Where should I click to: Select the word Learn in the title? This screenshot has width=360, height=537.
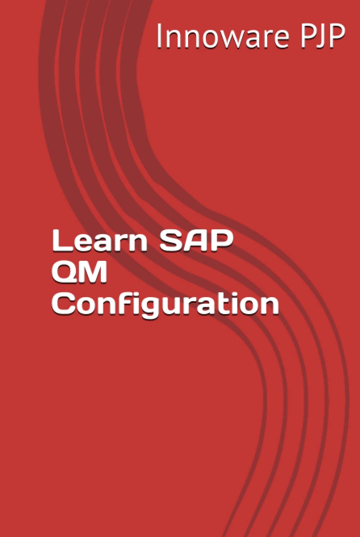(x=99, y=241)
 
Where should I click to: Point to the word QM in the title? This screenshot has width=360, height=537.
(x=80, y=272)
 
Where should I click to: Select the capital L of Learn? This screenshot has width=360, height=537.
(x=60, y=241)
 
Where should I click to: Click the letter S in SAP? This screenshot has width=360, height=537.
(x=171, y=241)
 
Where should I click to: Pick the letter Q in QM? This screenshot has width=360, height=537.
(x=65, y=272)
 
